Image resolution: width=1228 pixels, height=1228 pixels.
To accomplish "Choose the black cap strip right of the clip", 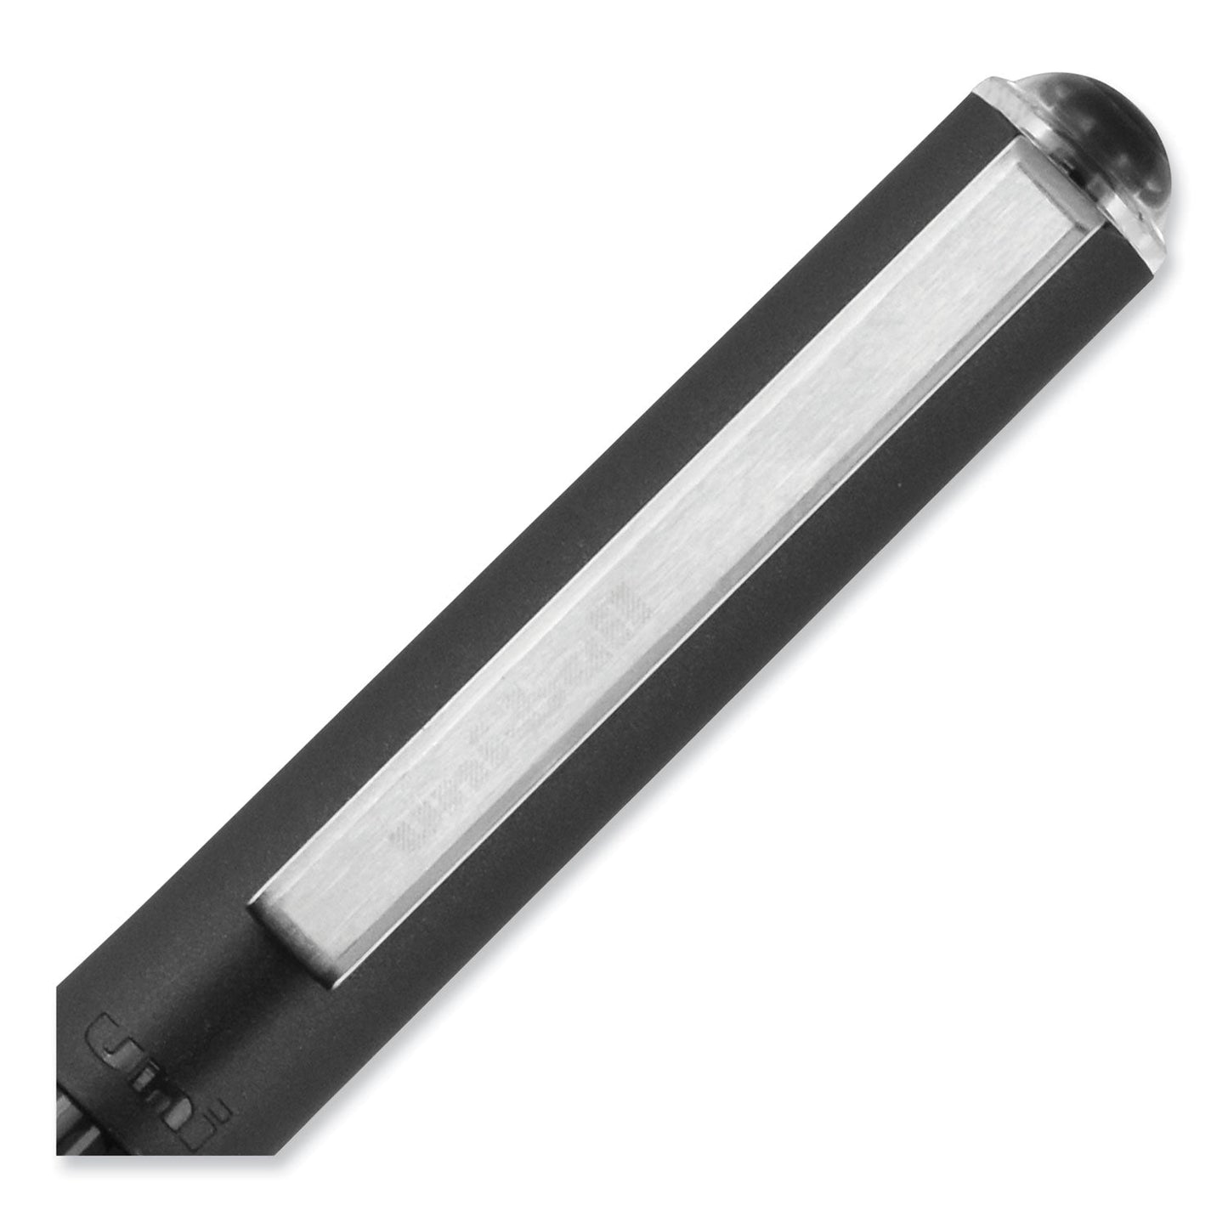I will coord(765,680).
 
